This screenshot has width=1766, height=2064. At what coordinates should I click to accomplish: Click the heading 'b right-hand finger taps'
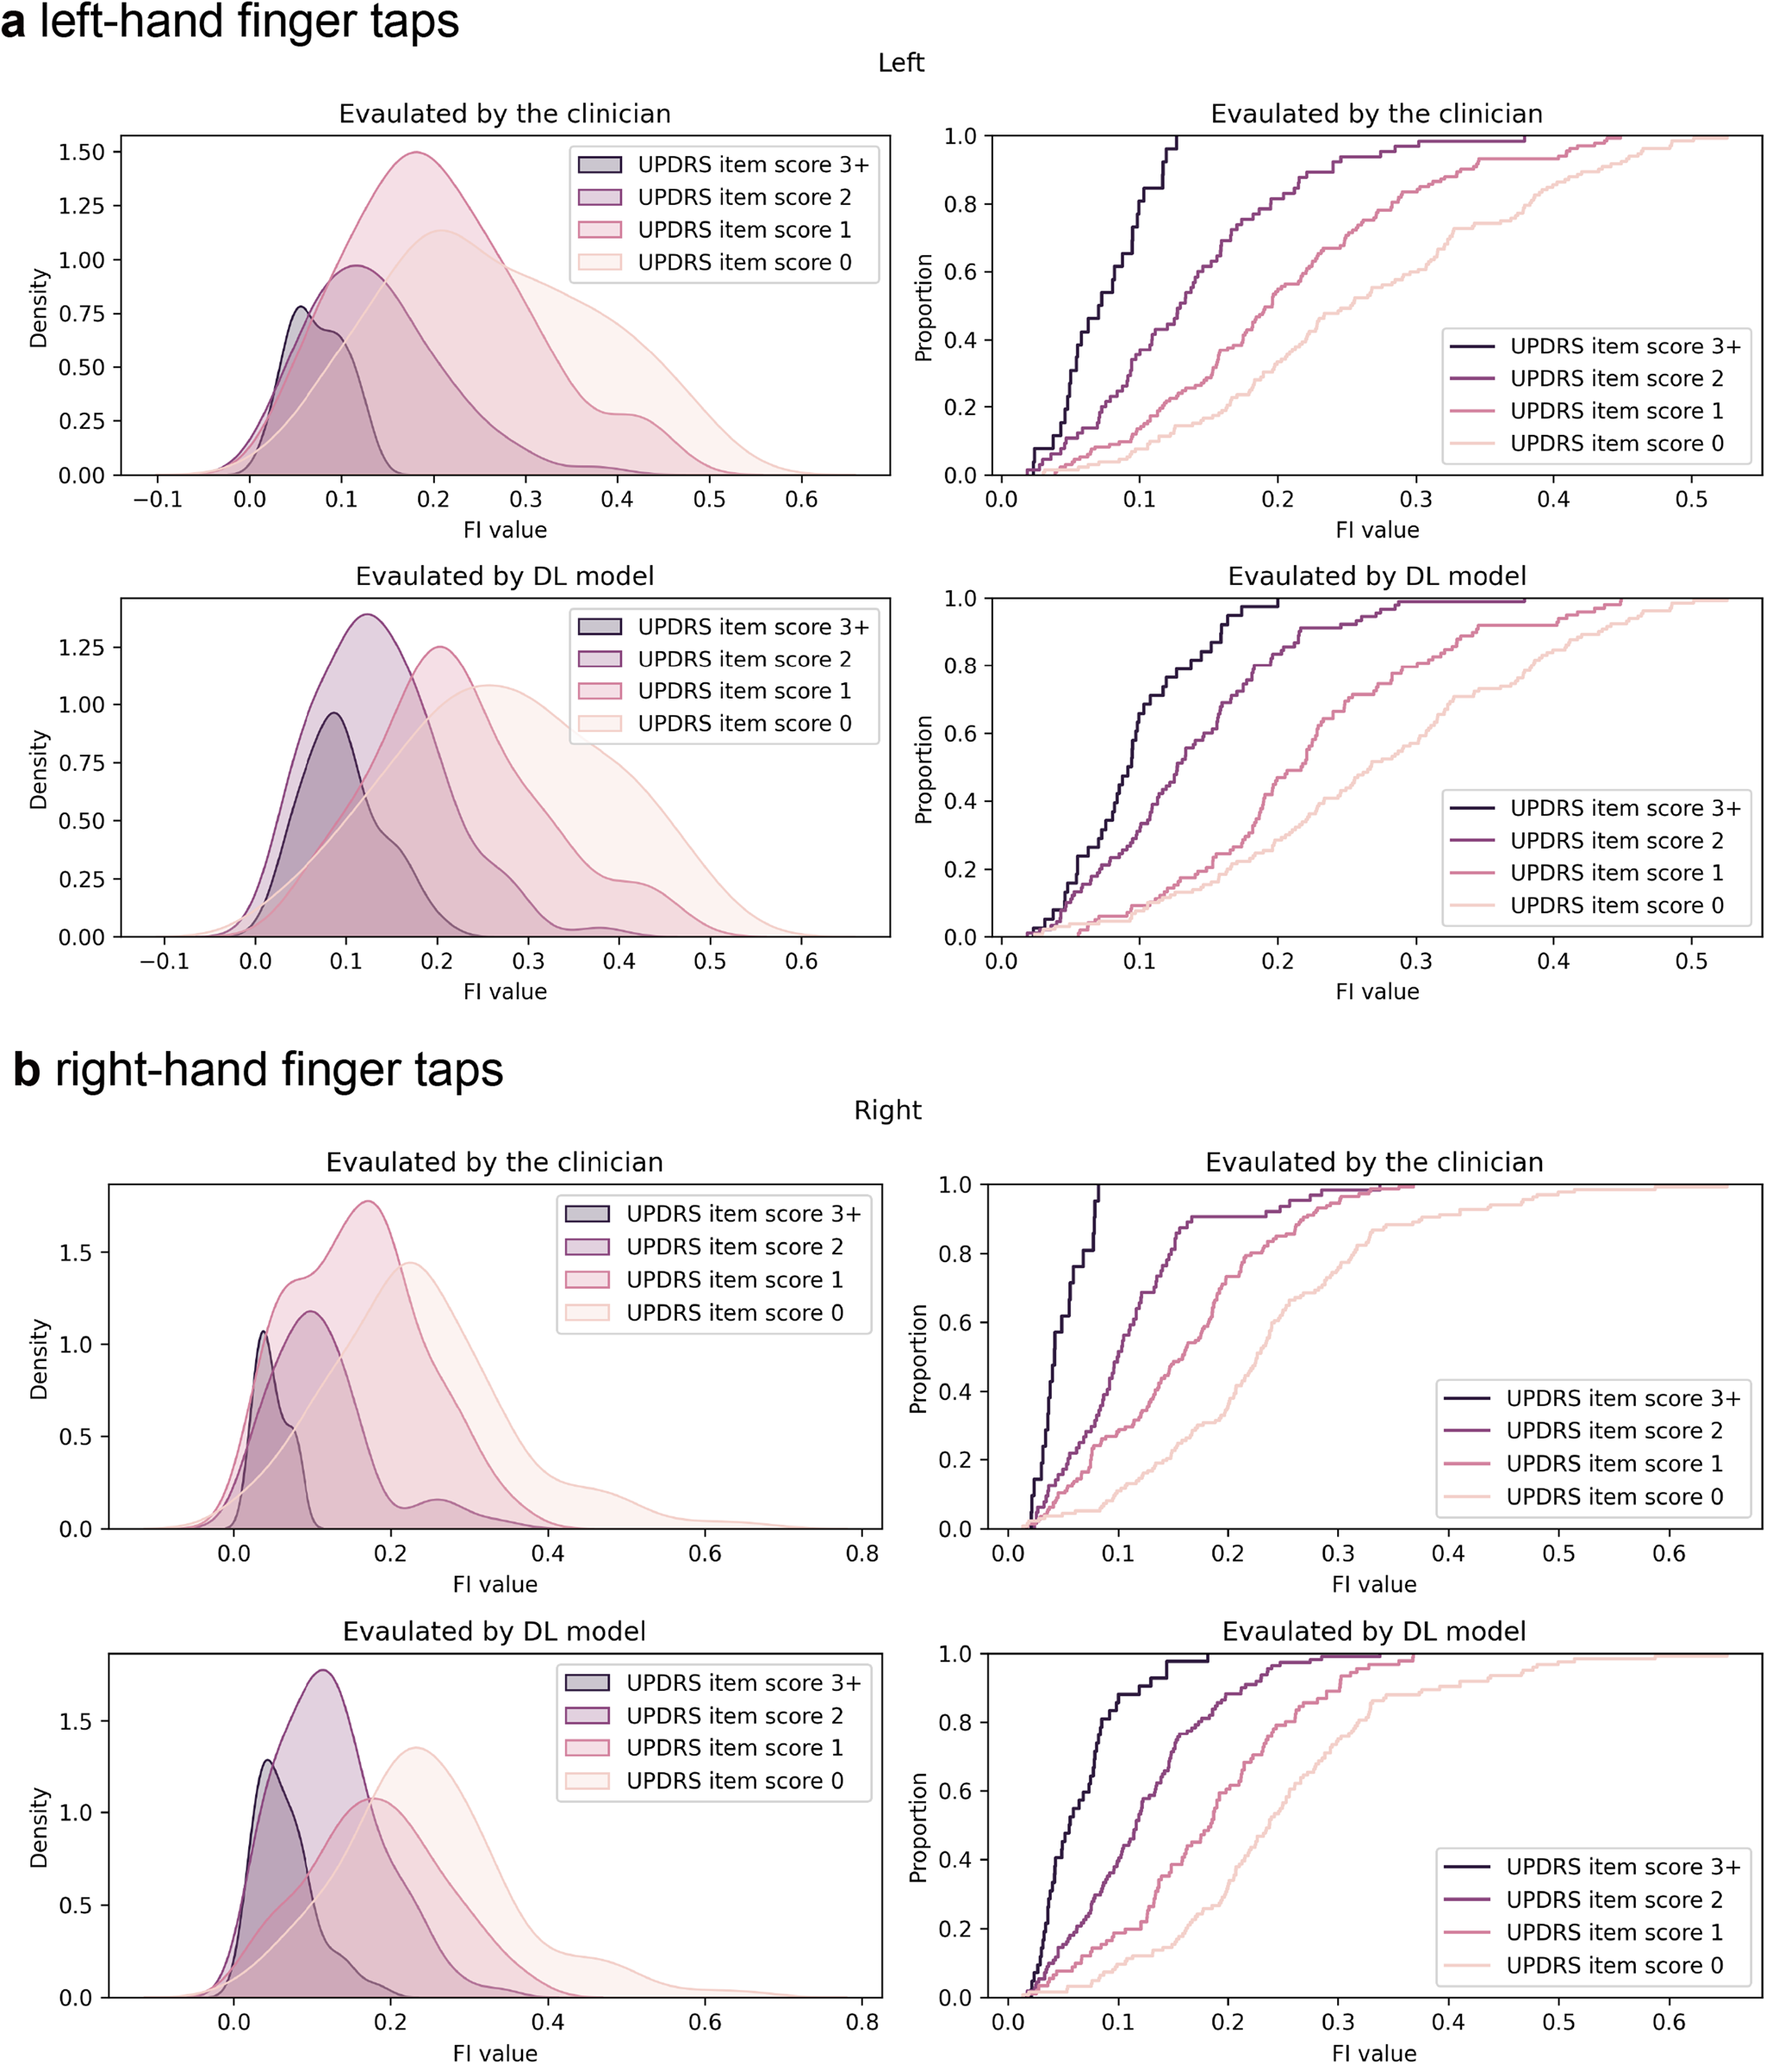coord(258,1070)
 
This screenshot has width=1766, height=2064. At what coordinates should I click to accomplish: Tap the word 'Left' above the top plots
coord(900,63)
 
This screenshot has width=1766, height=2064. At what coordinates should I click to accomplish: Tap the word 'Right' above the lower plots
coord(887,1110)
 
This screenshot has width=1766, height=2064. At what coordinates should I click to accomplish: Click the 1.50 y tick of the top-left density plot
coord(81,152)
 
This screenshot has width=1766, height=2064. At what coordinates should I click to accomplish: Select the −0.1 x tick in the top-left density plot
coord(159,499)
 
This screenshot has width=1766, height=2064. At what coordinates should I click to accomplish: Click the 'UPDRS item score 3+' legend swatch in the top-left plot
coord(600,165)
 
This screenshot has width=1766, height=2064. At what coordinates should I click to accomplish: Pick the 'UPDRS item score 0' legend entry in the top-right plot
coord(1615,444)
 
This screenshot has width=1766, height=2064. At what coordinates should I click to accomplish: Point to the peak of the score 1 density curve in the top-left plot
coord(416,152)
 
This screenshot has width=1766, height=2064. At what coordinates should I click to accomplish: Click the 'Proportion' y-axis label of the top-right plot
coord(923,307)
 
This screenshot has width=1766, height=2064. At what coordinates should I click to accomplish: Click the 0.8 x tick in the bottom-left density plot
coord(861,2022)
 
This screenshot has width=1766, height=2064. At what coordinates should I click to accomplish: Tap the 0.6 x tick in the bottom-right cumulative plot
coord(1669,2022)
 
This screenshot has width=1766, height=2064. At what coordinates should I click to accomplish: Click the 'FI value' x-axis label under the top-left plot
coord(505,530)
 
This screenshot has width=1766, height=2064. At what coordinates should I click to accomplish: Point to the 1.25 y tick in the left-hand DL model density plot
coord(81,648)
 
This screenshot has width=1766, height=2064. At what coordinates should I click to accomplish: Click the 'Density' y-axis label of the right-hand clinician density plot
coord(39,1358)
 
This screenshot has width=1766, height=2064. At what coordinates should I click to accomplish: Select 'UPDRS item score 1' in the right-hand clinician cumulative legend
coord(1614,1464)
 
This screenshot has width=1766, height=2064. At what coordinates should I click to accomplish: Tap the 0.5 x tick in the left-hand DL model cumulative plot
coord(1691,961)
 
